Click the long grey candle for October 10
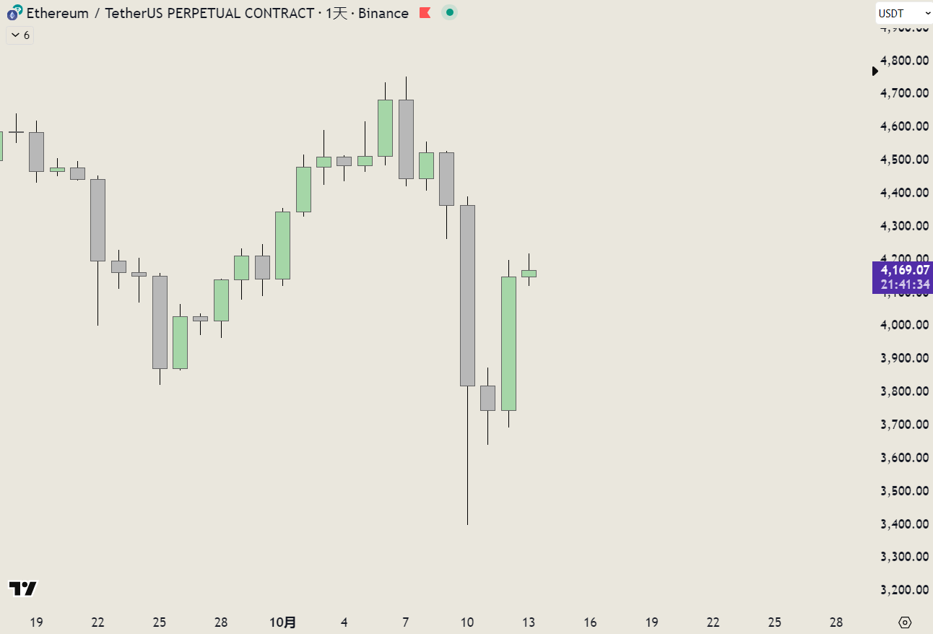pyautogui.click(x=467, y=296)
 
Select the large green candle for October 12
pyautogui.click(x=508, y=344)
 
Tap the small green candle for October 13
pyautogui.click(x=529, y=274)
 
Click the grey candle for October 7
pyautogui.click(x=406, y=139)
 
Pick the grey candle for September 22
pyautogui.click(x=97, y=220)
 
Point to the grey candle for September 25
pyautogui.click(x=160, y=322)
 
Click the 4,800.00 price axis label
pyautogui.click(x=904, y=60)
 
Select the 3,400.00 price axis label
pyautogui.click(x=904, y=524)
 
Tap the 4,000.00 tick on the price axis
pyautogui.click(x=904, y=325)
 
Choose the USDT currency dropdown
pyautogui.click(x=903, y=13)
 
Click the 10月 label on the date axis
pyautogui.click(x=282, y=622)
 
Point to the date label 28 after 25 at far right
pyautogui.click(x=836, y=622)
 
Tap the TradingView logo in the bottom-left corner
pyautogui.click(x=22, y=589)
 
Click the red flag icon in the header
pyautogui.click(x=425, y=13)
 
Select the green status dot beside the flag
pyautogui.click(x=449, y=12)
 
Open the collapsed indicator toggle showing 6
pyautogui.click(x=20, y=35)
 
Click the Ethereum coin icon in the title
pyautogui.click(x=14, y=12)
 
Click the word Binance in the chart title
pyautogui.click(x=382, y=13)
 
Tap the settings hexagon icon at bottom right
pyautogui.click(x=905, y=622)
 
